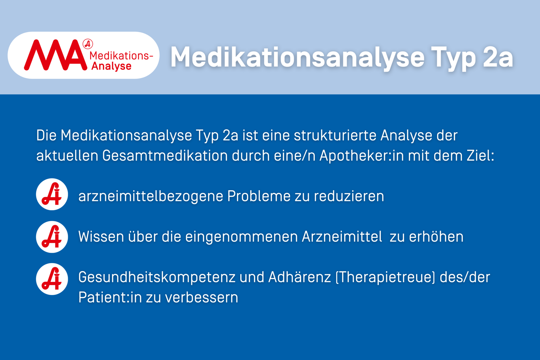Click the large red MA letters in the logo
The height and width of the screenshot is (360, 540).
pos(55,55)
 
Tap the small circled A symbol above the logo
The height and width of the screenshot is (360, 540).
pos(88,44)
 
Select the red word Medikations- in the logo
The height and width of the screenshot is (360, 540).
pos(121,56)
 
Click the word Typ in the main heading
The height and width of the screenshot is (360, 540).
pos(453,58)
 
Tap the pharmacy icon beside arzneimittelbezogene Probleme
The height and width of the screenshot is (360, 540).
pos(52,194)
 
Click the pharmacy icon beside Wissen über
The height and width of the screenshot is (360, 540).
pos(52,237)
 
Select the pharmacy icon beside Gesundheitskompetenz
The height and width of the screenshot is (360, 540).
pos(52,279)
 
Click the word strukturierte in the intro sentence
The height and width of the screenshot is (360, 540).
pos(335,135)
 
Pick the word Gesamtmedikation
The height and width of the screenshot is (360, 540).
pos(165,156)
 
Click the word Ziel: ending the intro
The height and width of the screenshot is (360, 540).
pos(480,156)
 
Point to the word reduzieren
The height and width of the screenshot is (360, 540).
pos(349,196)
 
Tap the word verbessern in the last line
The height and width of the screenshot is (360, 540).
pos(202,297)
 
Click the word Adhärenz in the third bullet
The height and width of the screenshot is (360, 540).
pos(300,277)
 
